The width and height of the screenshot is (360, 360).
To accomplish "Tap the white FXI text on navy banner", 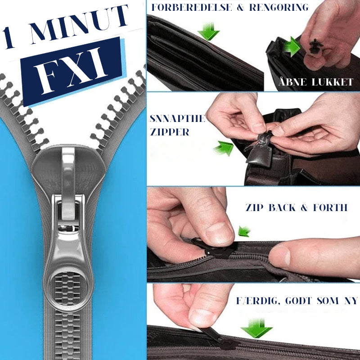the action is click(x=71, y=70).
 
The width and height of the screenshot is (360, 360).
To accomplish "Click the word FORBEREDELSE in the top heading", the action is click(x=192, y=7).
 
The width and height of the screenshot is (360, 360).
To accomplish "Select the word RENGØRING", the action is click(x=279, y=7).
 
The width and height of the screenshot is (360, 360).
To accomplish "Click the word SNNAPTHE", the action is click(x=177, y=118).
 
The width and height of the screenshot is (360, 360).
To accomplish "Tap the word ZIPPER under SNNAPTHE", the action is click(x=170, y=132).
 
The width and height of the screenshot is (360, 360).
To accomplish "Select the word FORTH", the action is click(x=330, y=207).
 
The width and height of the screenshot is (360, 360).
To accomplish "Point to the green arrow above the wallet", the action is click(x=208, y=31).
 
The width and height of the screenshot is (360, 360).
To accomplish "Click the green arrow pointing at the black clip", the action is click(x=292, y=47).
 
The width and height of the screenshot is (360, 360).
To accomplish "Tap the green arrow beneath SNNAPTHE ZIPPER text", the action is click(x=224, y=148).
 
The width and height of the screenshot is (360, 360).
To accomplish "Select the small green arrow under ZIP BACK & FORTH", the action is click(x=244, y=231).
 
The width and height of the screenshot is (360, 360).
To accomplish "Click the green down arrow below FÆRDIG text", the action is click(x=256, y=328).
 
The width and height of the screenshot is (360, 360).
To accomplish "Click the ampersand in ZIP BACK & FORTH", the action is click(x=304, y=207).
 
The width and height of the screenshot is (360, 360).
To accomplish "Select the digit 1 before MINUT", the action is click(x=8, y=38).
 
